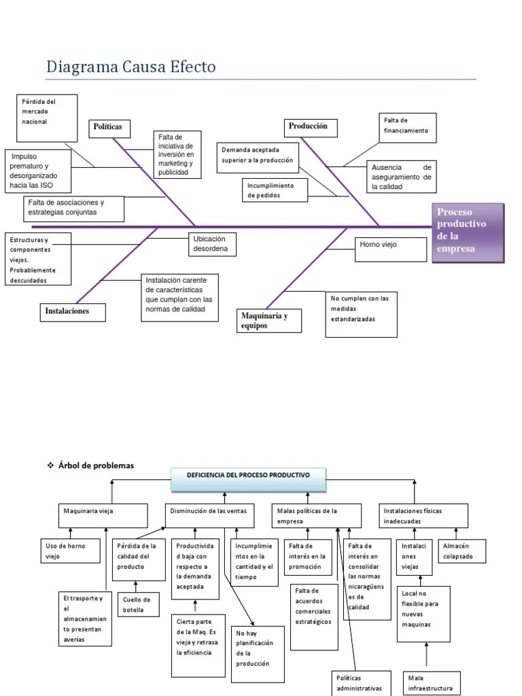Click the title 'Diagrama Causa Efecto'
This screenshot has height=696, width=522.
tap(130, 67)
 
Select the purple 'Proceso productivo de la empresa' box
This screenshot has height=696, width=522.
tap(469, 231)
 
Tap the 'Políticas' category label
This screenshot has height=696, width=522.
tap(109, 128)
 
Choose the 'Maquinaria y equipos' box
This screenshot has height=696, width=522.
tap(269, 320)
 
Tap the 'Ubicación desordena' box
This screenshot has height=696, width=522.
tap(215, 245)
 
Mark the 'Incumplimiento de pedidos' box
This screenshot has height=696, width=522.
tap(272, 190)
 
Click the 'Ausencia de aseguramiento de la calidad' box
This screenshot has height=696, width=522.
tap(401, 177)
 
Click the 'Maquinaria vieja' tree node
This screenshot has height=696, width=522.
tap(103, 515)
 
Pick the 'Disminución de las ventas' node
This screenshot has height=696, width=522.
tap(209, 515)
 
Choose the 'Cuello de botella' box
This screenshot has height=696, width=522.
tap(139, 605)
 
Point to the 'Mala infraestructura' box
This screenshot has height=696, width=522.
tap(432, 682)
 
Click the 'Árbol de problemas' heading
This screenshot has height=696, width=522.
tap(96, 466)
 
